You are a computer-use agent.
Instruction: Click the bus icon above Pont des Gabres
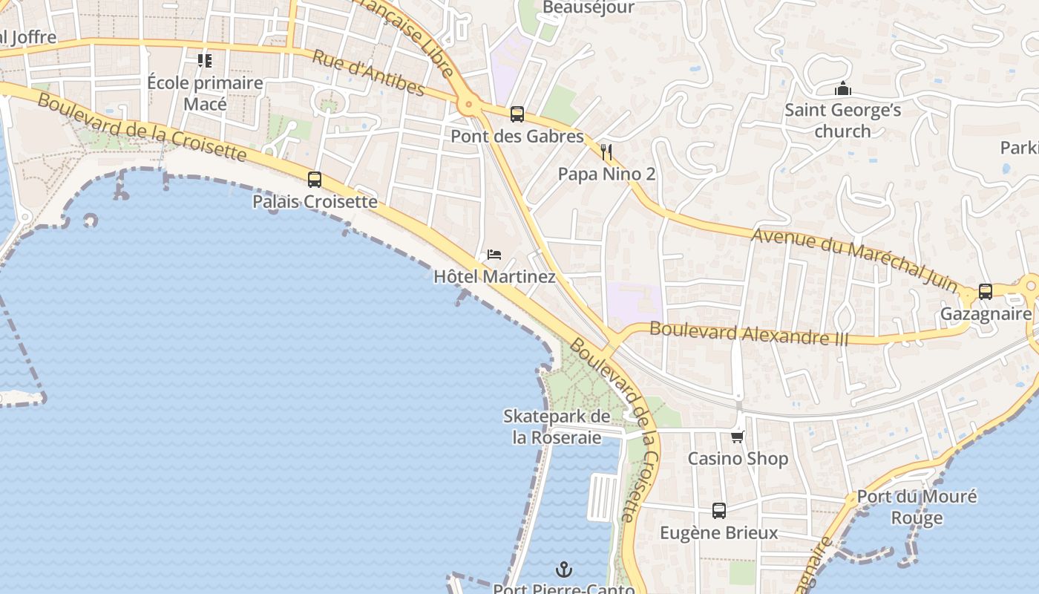(x=517, y=114)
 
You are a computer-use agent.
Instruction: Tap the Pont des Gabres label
(x=517, y=137)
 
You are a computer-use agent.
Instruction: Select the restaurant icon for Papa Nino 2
(x=606, y=152)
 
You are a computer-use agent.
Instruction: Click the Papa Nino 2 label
(x=606, y=174)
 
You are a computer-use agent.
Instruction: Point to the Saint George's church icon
(x=842, y=89)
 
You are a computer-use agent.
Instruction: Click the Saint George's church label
(x=842, y=121)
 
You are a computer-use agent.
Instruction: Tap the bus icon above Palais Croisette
(x=315, y=179)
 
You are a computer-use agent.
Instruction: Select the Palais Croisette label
(x=315, y=201)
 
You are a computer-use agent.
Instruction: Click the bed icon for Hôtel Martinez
(x=494, y=255)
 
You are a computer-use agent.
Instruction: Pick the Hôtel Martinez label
(x=494, y=277)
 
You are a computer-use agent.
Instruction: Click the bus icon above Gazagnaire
(x=986, y=292)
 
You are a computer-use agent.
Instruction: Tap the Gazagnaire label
(x=986, y=314)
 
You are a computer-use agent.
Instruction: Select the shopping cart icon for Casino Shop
(x=738, y=437)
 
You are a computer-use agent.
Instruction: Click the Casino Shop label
(x=738, y=459)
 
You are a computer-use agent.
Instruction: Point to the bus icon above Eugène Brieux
(x=719, y=511)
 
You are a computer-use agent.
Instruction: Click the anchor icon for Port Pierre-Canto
(x=564, y=570)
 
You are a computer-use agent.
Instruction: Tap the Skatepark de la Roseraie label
(x=557, y=427)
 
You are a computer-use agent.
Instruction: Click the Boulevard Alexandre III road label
(x=748, y=333)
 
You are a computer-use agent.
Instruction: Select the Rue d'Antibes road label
(x=367, y=73)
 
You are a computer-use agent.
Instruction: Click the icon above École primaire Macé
(x=205, y=60)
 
